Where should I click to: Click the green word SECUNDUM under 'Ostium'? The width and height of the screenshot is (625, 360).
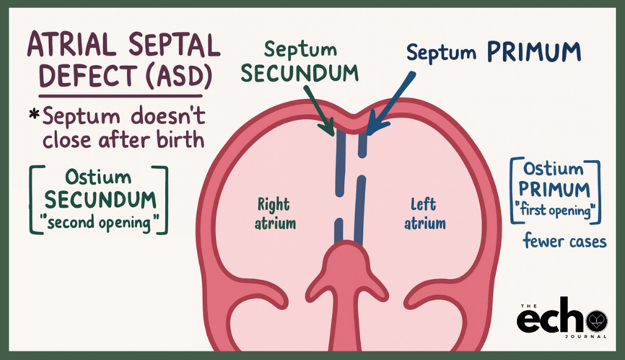click(99, 200)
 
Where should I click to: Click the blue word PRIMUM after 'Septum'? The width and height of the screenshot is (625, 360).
click(533, 52)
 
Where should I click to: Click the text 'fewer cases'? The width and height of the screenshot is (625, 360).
click(565, 242)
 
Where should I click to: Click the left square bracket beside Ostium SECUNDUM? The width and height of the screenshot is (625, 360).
click(34, 200)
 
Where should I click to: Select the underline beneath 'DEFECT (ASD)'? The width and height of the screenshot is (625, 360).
click(121, 95)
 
